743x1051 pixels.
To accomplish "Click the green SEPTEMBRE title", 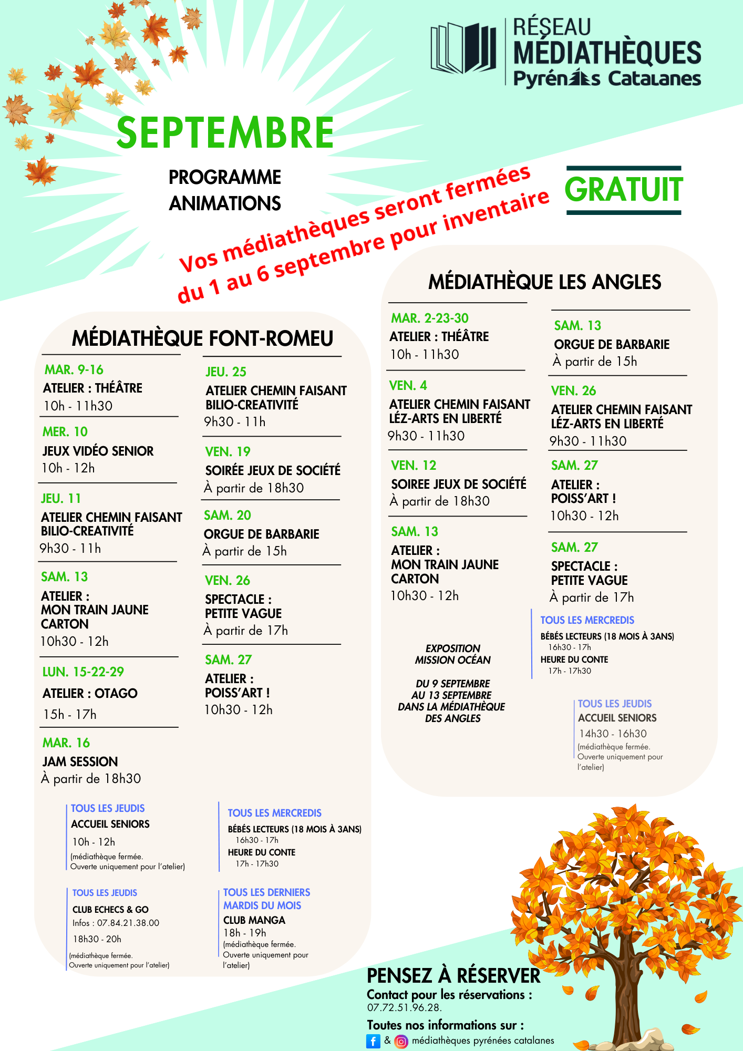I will coord(225,132).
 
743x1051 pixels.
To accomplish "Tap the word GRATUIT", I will coord(624,190).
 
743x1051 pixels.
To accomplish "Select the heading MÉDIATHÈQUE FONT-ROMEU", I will coord(202,338).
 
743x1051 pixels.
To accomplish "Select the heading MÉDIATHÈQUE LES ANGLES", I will coord(544,282).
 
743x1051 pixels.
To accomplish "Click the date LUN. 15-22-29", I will coord(83,672).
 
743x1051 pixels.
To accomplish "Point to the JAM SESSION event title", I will coord(80,761).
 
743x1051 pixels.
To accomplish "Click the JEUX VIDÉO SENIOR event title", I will coord(98,451).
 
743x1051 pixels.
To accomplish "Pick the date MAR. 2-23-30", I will coord(429,318).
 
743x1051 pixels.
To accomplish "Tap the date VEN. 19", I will coord(228,452).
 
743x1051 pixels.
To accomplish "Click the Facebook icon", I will coord(373,1041).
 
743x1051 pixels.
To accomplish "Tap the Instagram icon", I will coord(401,1041).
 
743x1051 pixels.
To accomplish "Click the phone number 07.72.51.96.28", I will coord(404,1007).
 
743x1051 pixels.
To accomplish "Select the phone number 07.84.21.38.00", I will coord(128,923).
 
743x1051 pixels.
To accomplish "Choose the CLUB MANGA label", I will coord(254,920).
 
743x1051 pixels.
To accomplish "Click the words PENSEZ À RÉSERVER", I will coord(453,976).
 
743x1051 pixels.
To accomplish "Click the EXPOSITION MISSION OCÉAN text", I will coord(452,654).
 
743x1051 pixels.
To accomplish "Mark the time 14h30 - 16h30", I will coord(613,734).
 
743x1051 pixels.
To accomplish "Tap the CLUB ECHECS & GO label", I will coord(110,910).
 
